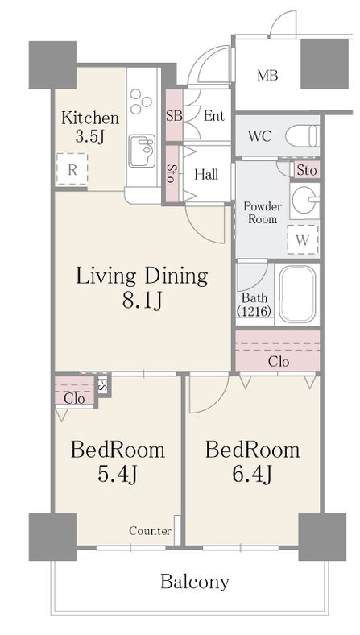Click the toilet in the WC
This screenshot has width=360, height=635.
tap(302, 136)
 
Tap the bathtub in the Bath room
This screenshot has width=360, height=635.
tap(297, 293)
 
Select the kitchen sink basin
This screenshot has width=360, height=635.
tap(142, 151)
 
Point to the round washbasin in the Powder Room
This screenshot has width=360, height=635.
tap(304, 200)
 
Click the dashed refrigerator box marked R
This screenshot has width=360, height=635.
tap(72, 170)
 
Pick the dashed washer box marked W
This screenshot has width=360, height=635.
tap(303, 240)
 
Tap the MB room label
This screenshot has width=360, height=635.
tap(267, 75)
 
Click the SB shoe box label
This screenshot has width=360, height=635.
tap(174, 116)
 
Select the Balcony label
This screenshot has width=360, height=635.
tap(195, 583)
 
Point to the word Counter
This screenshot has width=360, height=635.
tap(151, 531)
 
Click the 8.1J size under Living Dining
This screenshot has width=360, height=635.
tap(142, 301)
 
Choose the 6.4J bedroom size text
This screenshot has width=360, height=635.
tap(252, 474)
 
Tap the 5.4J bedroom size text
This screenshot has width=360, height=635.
tap(118, 474)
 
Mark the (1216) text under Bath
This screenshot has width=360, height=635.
tap(254, 311)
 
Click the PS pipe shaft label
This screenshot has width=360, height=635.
tap(103, 384)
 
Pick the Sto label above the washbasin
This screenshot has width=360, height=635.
tap(307, 171)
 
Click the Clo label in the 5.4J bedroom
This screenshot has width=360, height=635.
tap(75, 399)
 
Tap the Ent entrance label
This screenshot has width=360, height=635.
tap(213, 116)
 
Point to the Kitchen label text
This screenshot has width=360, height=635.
tap(90, 118)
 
